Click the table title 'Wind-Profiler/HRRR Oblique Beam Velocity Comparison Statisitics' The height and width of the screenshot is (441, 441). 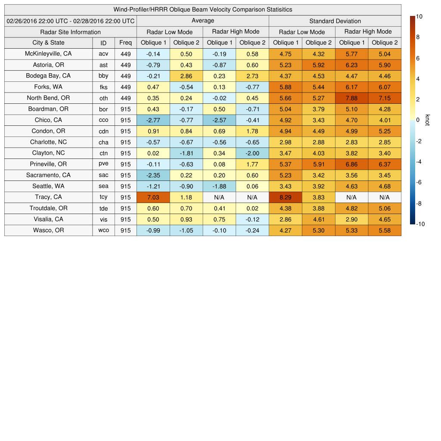pyautogui.click(x=203, y=9)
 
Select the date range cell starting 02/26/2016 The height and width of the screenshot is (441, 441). pyautogui.click(x=71, y=21)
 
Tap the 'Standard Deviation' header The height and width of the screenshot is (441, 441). pyautogui.click(x=335, y=21)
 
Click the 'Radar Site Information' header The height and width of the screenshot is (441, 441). pyautogui.click(x=71, y=32)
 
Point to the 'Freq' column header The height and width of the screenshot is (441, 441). pyautogui.click(x=126, y=43)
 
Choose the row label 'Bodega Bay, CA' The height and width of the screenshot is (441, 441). pyautogui.click(x=48, y=76)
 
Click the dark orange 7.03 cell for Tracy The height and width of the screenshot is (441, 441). pyautogui.click(x=153, y=197)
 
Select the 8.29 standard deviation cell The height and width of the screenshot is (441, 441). pyautogui.click(x=286, y=197)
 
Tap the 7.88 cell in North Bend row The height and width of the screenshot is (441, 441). pyautogui.click(x=351, y=98)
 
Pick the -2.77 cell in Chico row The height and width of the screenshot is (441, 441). pyautogui.click(x=153, y=120)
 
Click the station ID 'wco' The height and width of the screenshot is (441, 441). pyautogui.click(x=103, y=230)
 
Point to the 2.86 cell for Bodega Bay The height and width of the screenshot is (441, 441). pyautogui.click(x=186, y=76)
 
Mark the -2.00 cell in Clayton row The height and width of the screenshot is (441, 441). pyautogui.click(x=252, y=153)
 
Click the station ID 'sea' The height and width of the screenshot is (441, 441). pyautogui.click(x=103, y=186)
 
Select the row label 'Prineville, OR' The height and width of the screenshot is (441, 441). pyautogui.click(x=48, y=164)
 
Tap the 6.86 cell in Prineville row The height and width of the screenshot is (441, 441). pyautogui.click(x=351, y=164)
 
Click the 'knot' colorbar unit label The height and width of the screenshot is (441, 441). pyautogui.click(x=428, y=120)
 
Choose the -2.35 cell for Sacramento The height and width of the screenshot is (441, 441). pyautogui.click(x=153, y=175)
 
